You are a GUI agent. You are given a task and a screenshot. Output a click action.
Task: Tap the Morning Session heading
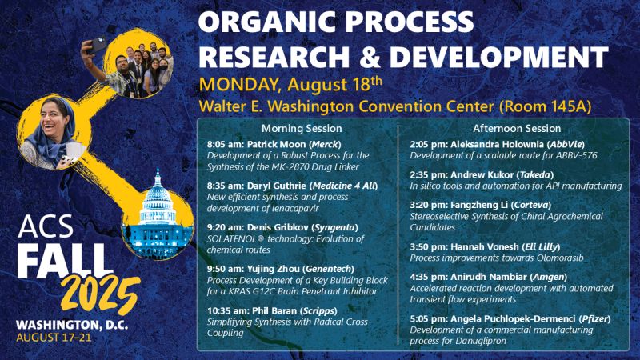click(x=302, y=129)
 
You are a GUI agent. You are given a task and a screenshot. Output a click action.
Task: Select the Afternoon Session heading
click(x=517, y=129)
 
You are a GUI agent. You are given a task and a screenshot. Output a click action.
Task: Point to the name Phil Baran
click(x=274, y=311)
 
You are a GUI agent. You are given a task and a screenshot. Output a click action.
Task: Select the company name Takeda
click(x=535, y=175)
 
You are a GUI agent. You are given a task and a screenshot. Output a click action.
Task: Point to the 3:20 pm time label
click(x=429, y=205)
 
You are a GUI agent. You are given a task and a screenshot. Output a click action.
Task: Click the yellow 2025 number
click(x=101, y=294)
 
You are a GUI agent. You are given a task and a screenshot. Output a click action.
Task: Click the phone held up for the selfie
click(x=98, y=45)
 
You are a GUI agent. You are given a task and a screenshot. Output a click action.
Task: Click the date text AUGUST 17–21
click(x=54, y=338)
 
